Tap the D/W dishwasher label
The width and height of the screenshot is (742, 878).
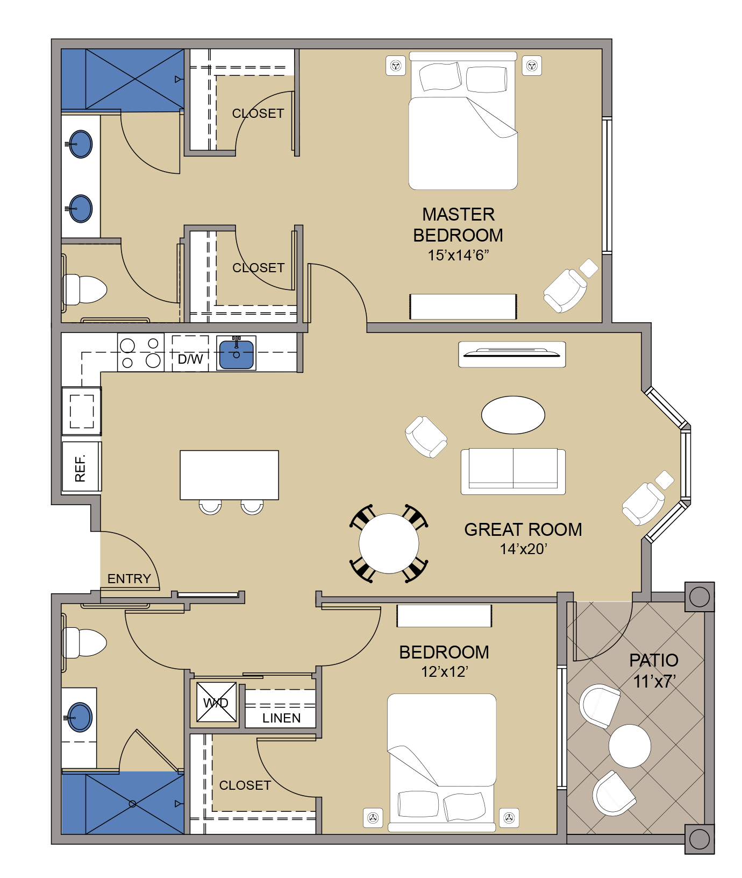(190, 359)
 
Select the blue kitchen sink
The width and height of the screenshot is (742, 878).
(236, 353)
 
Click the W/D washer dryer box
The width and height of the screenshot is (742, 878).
(216, 702)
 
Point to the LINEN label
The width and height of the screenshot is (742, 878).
(282, 718)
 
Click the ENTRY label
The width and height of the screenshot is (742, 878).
(129, 579)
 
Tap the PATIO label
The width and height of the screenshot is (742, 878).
(654, 660)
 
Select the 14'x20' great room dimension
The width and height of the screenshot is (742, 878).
(523, 549)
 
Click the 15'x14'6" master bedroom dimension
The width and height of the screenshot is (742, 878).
(458, 255)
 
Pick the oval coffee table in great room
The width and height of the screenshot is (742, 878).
(513, 415)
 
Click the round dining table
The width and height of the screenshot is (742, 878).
(389, 543)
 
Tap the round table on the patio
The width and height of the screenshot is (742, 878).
(630, 746)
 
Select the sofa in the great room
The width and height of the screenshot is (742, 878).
(513, 471)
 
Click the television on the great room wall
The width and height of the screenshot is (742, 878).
(512, 355)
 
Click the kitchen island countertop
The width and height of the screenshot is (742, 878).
(229, 475)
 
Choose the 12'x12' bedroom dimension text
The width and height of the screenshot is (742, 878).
(444, 671)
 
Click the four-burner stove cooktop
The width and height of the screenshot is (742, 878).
(141, 352)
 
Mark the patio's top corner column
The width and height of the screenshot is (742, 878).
(700, 597)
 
